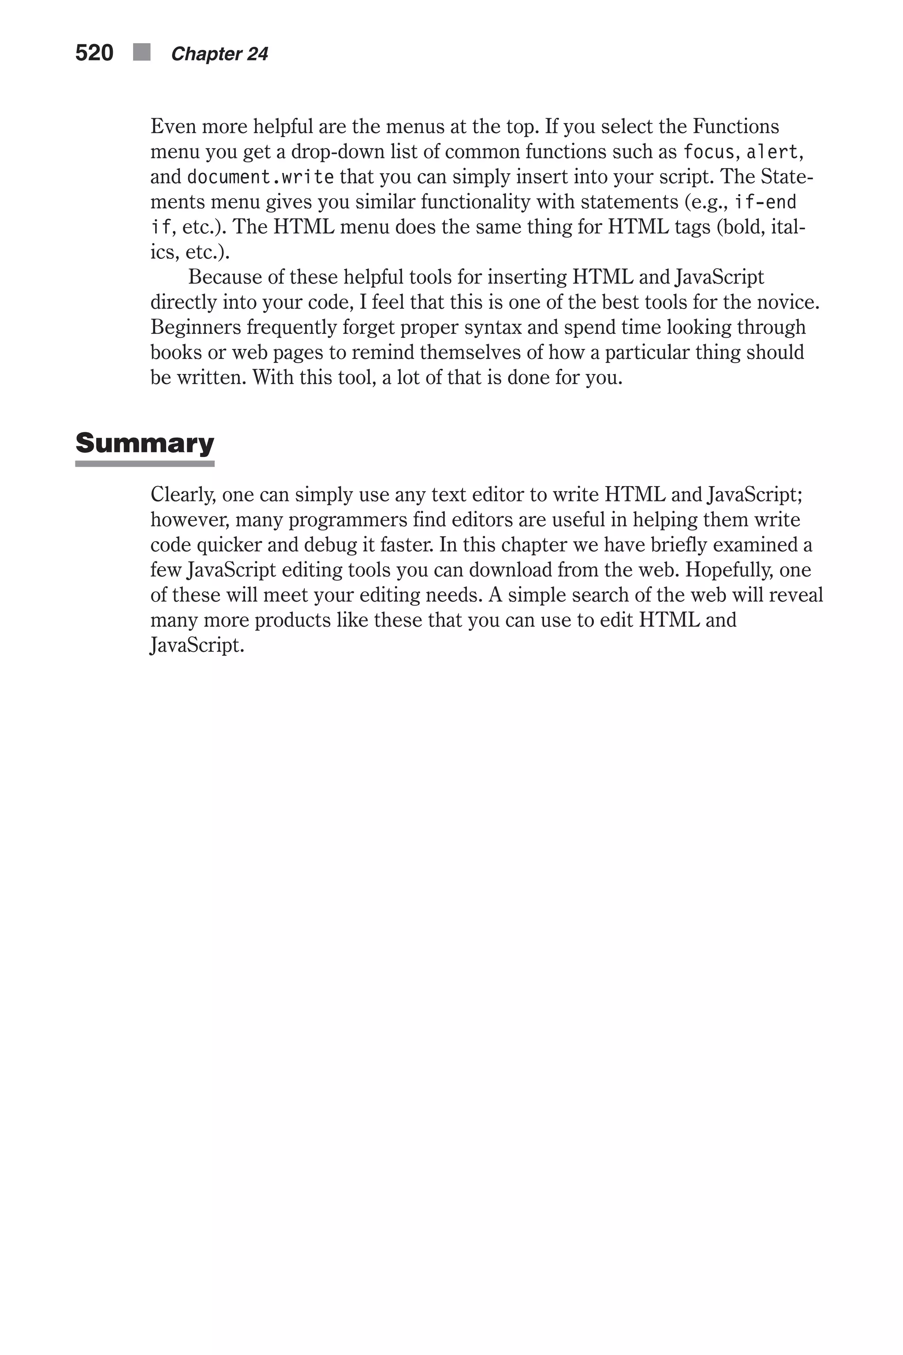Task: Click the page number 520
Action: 94,53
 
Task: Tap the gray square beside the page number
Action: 142,52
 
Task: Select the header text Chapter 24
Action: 220,54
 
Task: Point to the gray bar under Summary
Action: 145,464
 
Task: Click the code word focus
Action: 709,152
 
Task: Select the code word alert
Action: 772,152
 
